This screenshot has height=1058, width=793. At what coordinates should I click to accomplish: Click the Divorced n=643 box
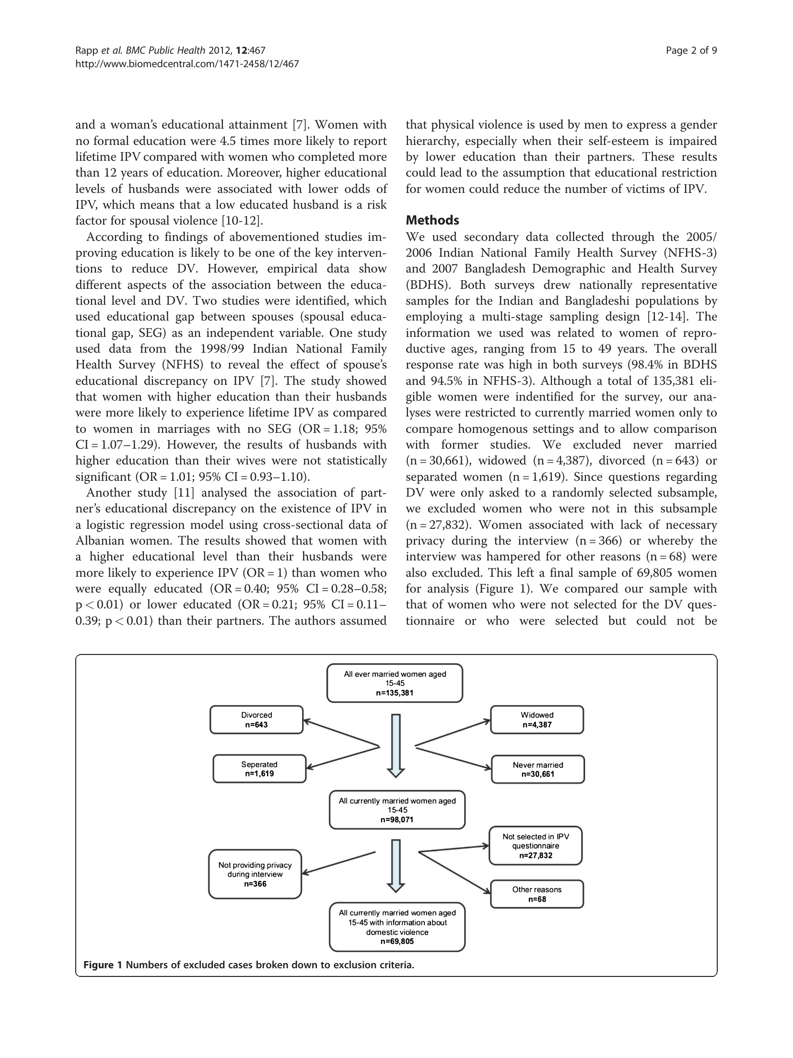pyautogui.click(x=257, y=720)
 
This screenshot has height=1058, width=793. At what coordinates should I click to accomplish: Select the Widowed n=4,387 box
pyautogui.click(x=537, y=720)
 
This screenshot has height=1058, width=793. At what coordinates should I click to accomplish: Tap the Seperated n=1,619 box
pyautogui.click(x=259, y=769)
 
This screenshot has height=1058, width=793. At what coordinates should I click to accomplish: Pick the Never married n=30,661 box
pyautogui.click(x=537, y=770)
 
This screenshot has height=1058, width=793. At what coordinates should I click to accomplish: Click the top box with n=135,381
pyautogui.click(x=395, y=683)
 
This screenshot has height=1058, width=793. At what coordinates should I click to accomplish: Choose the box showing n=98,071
pyautogui.click(x=397, y=810)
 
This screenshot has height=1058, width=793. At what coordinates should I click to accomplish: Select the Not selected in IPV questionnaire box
pyautogui.click(x=536, y=845)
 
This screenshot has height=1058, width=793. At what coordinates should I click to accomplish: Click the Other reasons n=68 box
pyautogui.click(x=536, y=894)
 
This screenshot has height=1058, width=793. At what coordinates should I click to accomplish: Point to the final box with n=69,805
pyautogui.click(x=397, y=927)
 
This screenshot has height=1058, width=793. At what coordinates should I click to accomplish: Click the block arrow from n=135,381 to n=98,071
pyautogui.click(x=396, y=745)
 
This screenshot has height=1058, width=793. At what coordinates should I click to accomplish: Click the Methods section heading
pyautogui.click(x=432, y=220)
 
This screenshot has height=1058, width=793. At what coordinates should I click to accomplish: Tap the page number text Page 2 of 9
pyautogui.click(x=691, y=50)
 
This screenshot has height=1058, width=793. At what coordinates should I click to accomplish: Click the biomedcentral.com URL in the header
pyautogui.click(x=187, y=63)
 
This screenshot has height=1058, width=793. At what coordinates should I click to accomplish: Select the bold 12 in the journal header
pyautogui.click(x=244, y=50)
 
